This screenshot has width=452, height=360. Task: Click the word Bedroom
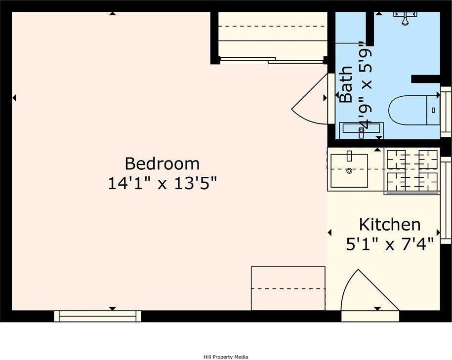pos(162,163)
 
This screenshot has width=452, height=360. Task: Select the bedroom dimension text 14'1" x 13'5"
pos(162,184)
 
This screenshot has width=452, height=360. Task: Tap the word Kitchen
pos(389,225)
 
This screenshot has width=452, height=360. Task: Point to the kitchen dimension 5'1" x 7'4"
pos(389,243)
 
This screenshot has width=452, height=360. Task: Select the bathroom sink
pos(361,129)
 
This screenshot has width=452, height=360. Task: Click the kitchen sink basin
pos(349,171)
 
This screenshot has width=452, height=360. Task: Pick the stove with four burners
pos(412,170)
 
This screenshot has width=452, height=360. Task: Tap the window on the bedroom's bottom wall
pos(97,316)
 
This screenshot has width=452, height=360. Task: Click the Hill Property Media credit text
pos(226,357)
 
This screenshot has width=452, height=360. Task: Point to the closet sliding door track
pos(271,60)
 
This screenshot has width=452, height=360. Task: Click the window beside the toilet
pos(446,111)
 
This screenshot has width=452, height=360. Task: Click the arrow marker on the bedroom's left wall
pos(14,98)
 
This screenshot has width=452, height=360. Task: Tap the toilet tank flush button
pos(433,110)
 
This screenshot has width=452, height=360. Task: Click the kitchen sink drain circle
pos(349,171)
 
